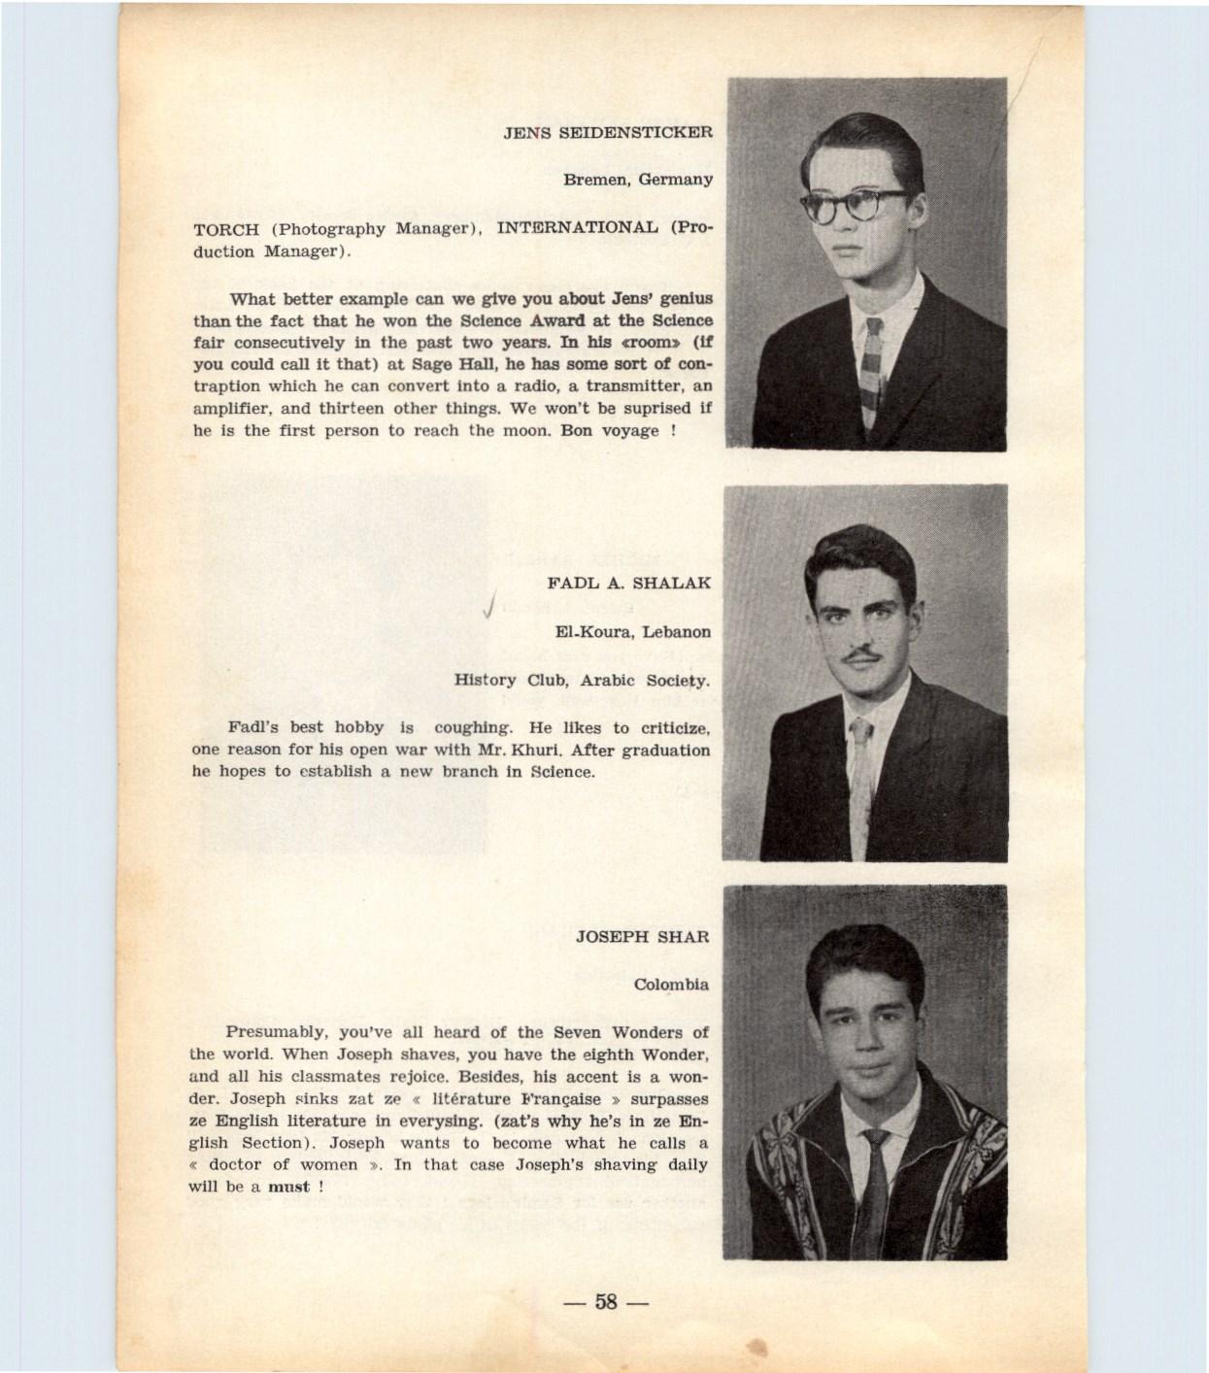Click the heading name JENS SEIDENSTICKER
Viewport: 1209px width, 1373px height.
(608, 132)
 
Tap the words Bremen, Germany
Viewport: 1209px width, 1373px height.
(638, 180)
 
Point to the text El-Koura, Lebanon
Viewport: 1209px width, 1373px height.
(632, 631)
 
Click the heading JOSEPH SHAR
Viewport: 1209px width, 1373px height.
(642, 937)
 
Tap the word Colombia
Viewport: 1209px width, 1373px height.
(671, 985)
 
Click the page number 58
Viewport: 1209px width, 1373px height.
(607, 1301)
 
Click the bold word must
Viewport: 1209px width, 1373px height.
(288, 1187)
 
